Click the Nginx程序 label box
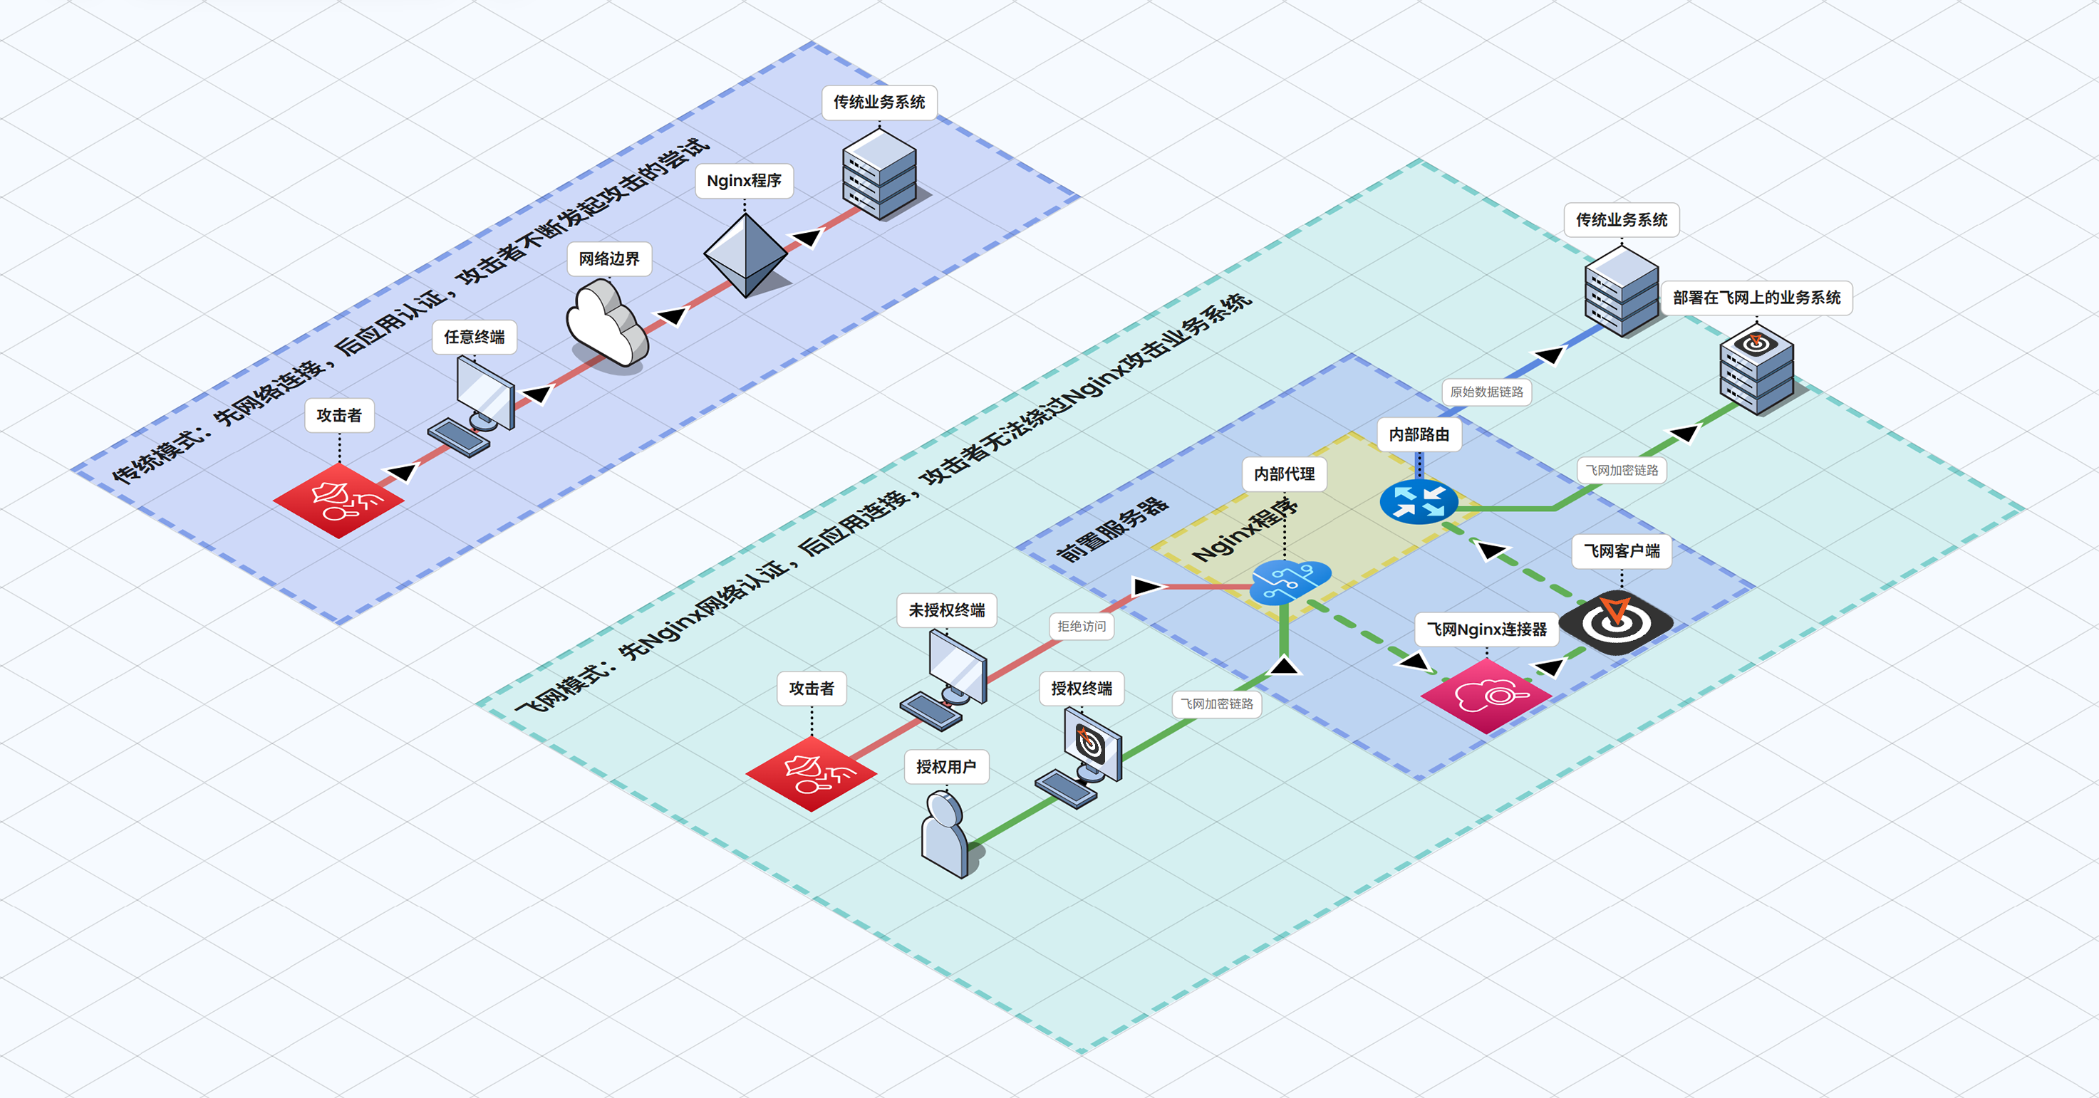[743, 180]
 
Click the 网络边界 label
[608, 259]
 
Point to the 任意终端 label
[475, 336]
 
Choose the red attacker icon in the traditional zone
[339, 499]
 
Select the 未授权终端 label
[947, 610]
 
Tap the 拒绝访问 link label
[1082, 626]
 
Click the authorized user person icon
[946, 835]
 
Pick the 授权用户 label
[946, 766]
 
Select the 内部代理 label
[1284, 474]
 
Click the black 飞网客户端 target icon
[1616, 622]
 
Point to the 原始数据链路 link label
[1486, 392]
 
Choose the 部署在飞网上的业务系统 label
[1756, 298]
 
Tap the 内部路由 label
[1419, 434]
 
